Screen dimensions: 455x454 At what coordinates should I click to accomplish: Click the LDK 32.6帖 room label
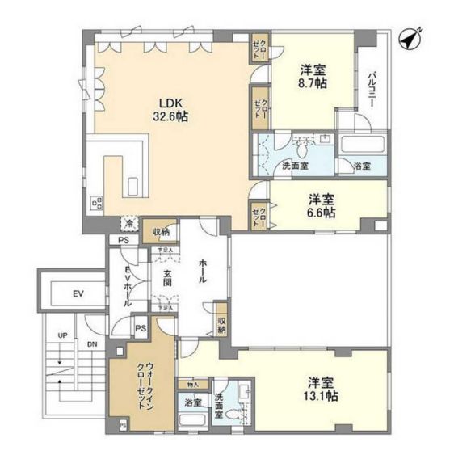click(x=172, y=109)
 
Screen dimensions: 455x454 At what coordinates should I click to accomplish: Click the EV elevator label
click(x=78, y=292)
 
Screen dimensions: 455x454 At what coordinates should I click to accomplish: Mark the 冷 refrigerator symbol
click(x=128, y=224)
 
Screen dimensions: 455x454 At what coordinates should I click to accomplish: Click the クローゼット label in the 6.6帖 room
click(x=258, y=217)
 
